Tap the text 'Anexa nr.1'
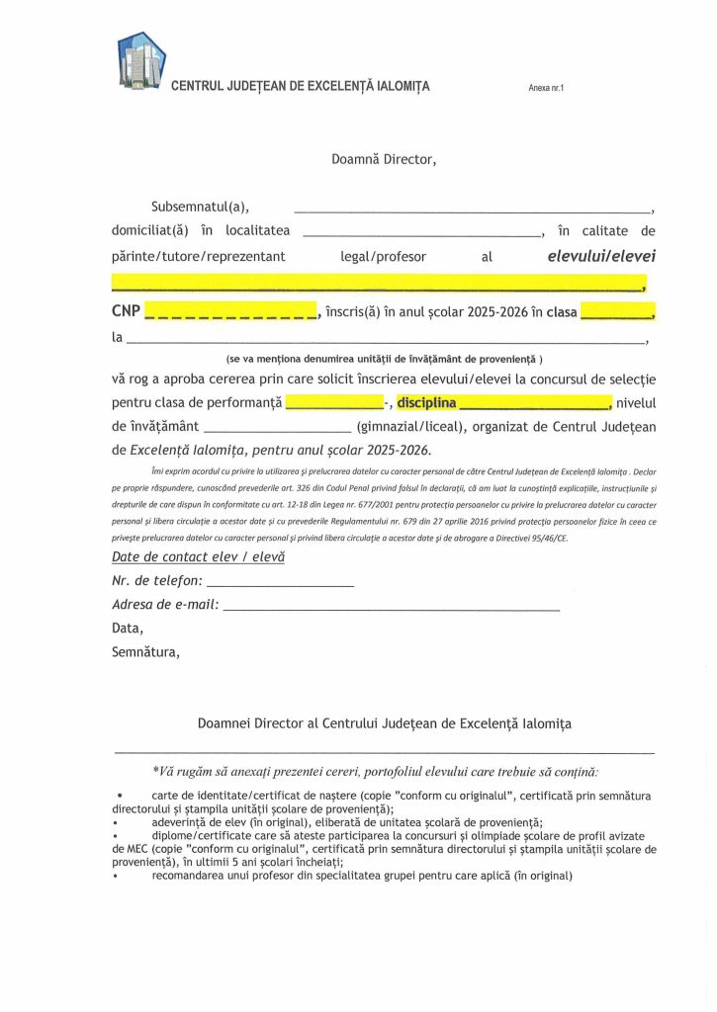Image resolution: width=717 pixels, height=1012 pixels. click(546, 88)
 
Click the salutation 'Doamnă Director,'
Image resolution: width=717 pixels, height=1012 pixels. click(384, 158)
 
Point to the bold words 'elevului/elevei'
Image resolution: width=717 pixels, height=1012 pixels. click(601, 257)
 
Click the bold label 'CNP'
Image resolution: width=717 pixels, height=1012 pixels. click(125, 312)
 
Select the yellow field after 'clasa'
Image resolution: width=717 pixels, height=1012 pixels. click(616, 313)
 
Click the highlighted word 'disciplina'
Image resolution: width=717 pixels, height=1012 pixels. click(426, 403)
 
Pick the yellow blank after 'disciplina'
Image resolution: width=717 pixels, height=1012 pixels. click(535, 404)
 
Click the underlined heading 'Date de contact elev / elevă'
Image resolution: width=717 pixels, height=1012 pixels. click(198, 557)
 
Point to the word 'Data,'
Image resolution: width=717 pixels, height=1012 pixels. click(128, 629)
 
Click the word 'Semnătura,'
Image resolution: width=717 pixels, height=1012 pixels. click(145, 652)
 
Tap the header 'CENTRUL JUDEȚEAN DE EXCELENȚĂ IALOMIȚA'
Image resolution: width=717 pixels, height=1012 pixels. click(301, 87)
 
